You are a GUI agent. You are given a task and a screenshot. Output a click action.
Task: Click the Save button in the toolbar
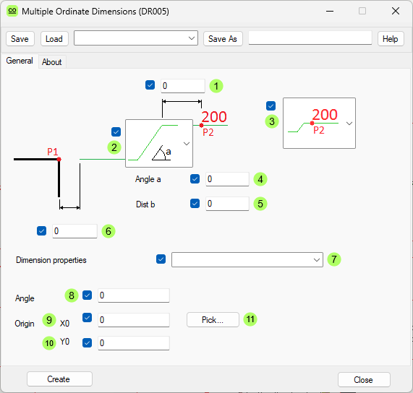click(x=20, y=39)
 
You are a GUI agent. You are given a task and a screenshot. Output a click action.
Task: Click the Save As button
click(x=222, y=39)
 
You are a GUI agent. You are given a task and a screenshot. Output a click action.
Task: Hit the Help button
click(x=391, y=39)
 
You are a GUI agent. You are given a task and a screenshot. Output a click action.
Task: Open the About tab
click(x=51, y=62)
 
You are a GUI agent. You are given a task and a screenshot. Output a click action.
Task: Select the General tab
click(x=20, y=61)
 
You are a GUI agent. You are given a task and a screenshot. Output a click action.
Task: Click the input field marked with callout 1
click(x=183, y=86)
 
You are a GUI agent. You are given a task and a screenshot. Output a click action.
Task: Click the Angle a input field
click(x=227, y=179)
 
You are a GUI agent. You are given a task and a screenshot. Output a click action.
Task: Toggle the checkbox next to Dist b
click(x=195, y=204)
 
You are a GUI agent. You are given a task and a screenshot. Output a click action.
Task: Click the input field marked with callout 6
click(x=74, y=231)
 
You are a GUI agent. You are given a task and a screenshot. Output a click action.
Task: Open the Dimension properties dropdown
click(x=247, y=259)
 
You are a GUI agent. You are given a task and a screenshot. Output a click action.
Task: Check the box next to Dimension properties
click(x=161, y=259)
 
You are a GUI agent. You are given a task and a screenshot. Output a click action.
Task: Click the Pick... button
click(x=213, y=319)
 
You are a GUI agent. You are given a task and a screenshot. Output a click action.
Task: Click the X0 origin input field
click(x=133, y=319)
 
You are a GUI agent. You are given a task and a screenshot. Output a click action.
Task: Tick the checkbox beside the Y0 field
click(x=88, y=342)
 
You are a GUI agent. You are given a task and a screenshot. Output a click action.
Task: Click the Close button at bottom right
click(x=364, y=379)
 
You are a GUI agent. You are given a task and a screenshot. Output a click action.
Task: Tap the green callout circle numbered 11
click(x=250, y=319)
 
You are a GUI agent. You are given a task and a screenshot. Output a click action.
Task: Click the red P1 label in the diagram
click(x=52, y=152)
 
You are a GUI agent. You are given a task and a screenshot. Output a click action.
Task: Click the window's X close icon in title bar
click(x=395, y=12)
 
